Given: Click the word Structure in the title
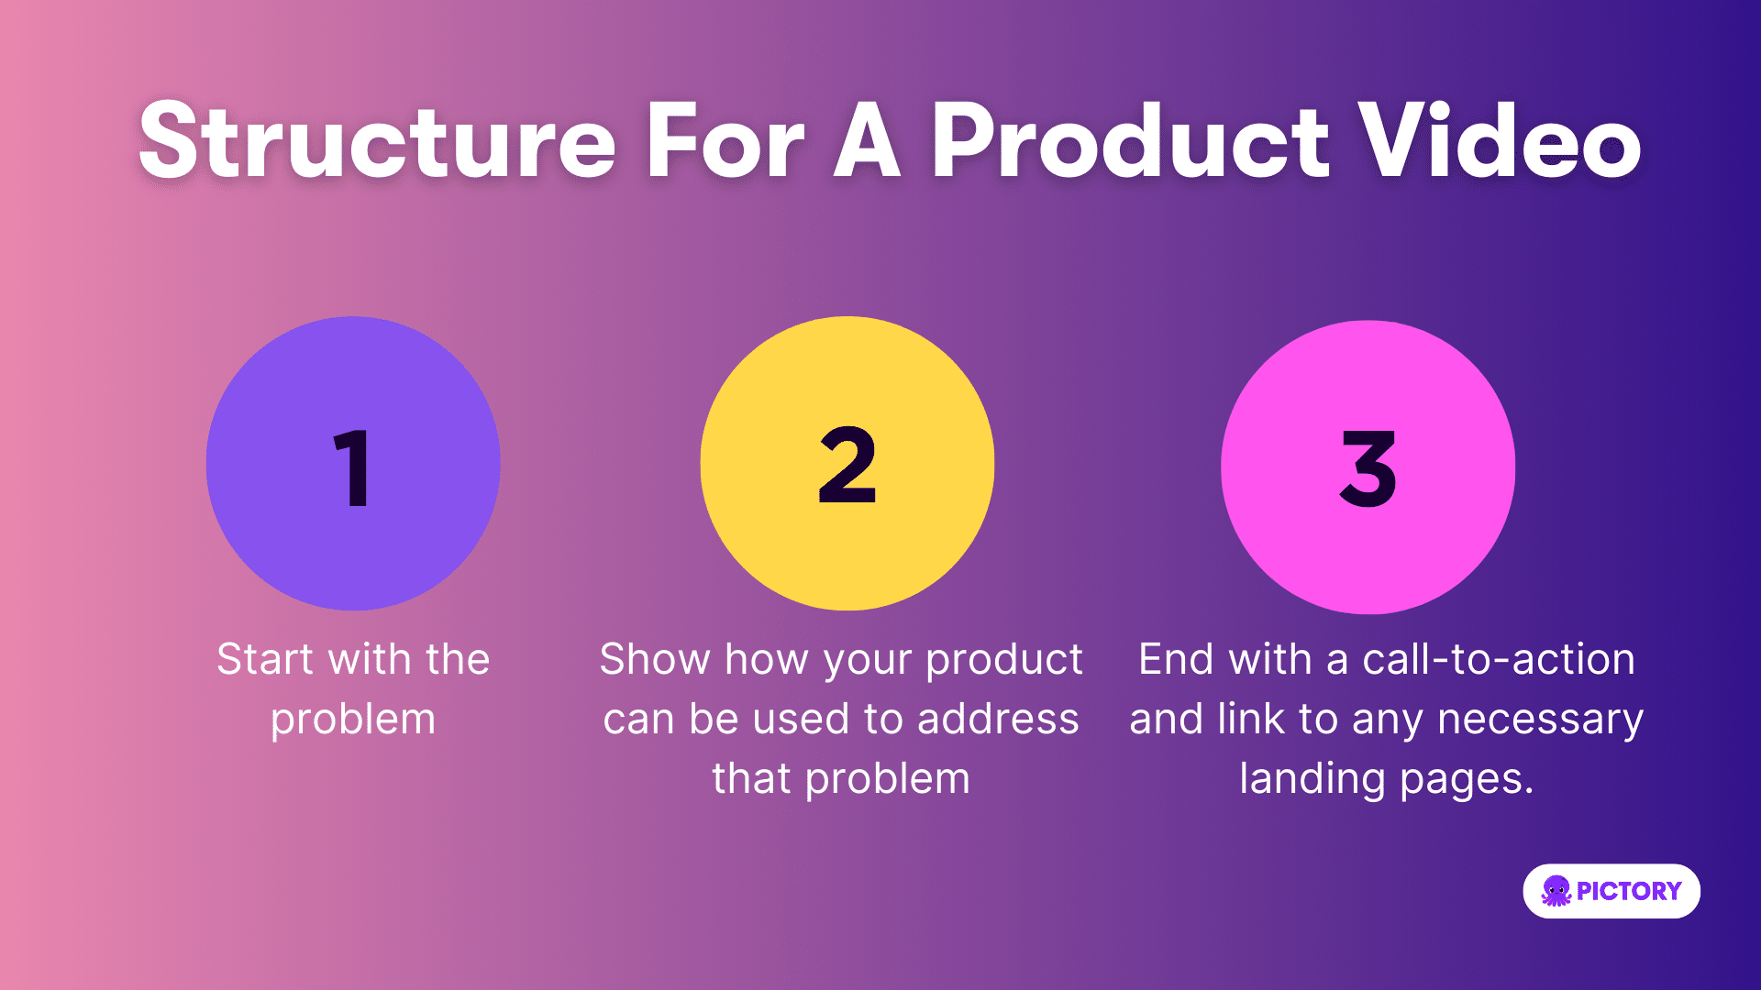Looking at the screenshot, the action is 378,141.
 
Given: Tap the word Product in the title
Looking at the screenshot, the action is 1130,141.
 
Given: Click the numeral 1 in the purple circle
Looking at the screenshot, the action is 351,467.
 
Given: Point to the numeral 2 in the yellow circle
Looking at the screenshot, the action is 847,465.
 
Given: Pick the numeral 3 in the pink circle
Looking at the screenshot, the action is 1368,468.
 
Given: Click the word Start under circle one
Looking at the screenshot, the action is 266,659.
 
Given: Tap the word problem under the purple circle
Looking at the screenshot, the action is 353,720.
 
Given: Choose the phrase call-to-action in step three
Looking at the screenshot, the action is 1499,659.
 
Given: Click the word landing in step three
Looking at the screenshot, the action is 1312,780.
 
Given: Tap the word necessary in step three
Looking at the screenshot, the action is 1541,720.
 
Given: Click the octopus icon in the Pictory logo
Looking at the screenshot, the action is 1556,891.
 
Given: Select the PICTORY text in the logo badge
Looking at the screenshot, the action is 1629,891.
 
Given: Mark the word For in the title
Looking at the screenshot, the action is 725,141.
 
